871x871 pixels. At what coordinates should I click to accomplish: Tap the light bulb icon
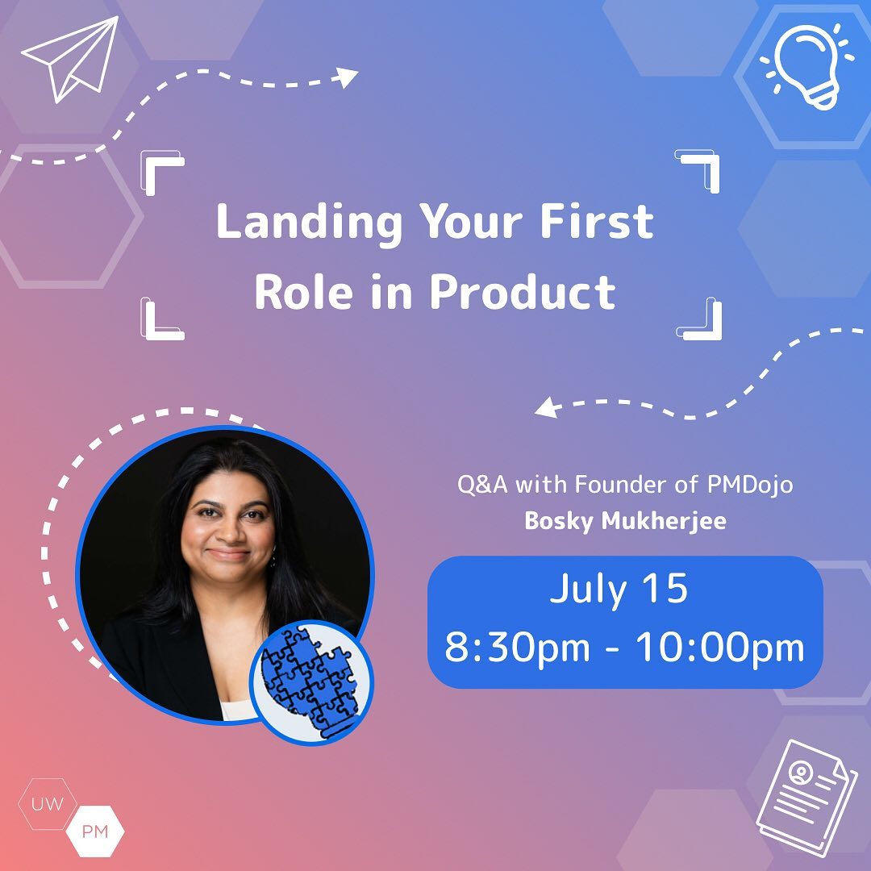click(x=806, y=65)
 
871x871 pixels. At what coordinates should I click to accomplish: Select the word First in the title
click(x=597, y=221)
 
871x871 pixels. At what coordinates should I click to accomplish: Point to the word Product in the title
click(x=523, y=292)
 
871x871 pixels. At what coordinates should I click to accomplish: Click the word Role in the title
click(x=303, y=292)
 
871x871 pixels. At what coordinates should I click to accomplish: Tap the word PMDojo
click(x=750, y=486)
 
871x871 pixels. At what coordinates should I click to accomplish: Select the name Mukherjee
click(x=664, y=522)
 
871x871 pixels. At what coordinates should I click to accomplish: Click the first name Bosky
click(x=559, y=522)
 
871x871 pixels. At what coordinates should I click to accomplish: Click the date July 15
click(x=619, y=589)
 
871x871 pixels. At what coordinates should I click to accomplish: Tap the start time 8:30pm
click(x=517, y=648)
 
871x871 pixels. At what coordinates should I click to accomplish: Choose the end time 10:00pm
click(x=720, y=648)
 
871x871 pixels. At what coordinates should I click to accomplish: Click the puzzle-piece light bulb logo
click(x=311, y=683)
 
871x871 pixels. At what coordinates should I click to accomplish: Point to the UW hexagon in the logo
click(x=48, y=804)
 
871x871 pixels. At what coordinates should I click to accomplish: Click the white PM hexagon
click(x=95, y=831)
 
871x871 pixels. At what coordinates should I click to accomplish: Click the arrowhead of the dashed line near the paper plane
click(x=347, y=77)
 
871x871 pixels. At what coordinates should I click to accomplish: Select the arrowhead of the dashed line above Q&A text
click(x=546, y=407)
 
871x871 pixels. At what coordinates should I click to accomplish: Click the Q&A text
click(x=482, y=485)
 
